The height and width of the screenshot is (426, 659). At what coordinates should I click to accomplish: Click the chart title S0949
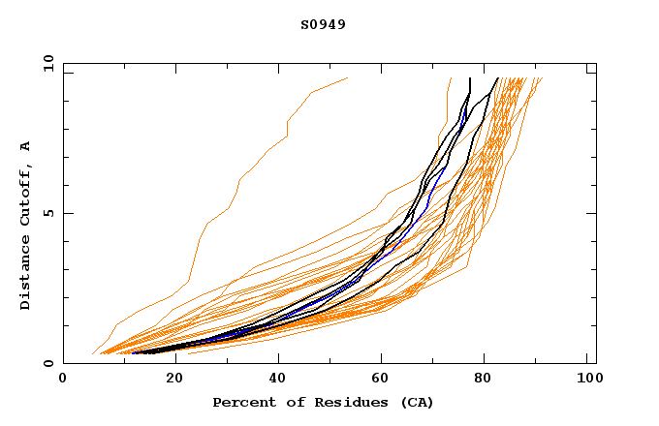coord(323,24)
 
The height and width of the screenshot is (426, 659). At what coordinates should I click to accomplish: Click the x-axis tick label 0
coord(63,380)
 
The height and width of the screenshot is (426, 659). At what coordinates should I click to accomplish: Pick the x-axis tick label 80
coord(484,380)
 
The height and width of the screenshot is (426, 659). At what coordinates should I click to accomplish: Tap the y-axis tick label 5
coord(47,213)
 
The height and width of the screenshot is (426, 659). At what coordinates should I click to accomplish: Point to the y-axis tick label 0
coord(47,363)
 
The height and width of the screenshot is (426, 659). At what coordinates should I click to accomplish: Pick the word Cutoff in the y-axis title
coord(26,195)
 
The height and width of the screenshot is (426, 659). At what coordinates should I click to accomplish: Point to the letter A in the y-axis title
coord(26,146)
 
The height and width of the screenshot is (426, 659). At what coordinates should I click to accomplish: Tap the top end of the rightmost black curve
coord(497,77)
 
